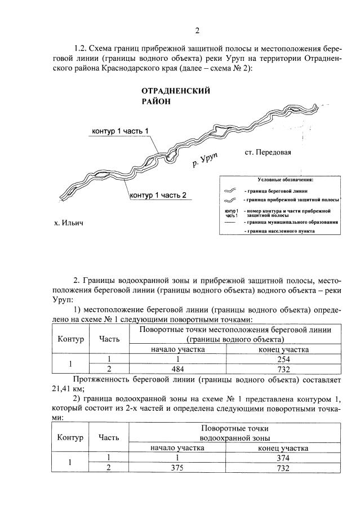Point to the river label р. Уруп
205,159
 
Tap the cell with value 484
177,369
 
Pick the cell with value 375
177,468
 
